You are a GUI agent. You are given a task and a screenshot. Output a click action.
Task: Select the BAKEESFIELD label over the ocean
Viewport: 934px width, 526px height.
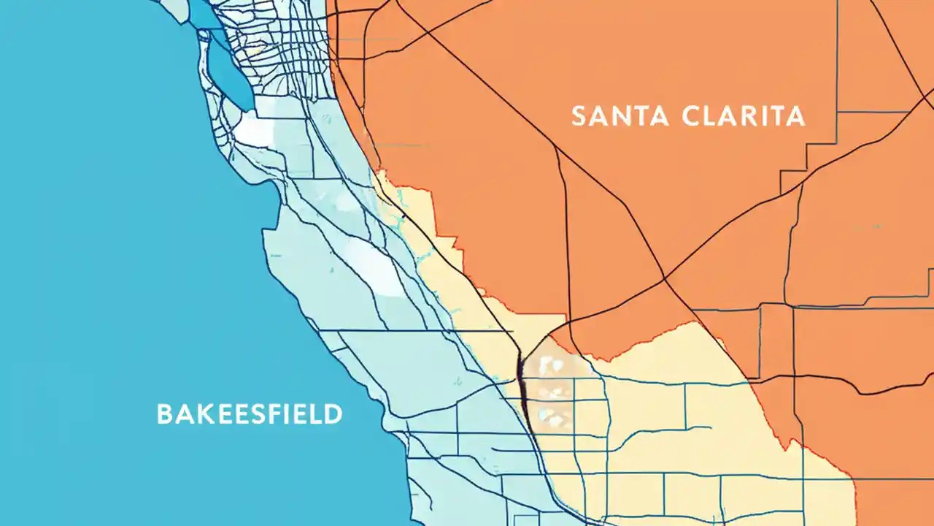[250, 414]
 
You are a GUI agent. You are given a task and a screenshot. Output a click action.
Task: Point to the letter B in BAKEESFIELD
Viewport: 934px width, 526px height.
[165, 414]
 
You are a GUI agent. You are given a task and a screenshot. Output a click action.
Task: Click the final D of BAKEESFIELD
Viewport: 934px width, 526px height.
[333, 414]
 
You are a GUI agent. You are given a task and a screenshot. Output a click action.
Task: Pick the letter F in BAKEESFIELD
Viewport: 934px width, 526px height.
[275, 414]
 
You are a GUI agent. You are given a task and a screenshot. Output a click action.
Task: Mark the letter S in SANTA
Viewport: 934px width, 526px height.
[578, 116]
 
